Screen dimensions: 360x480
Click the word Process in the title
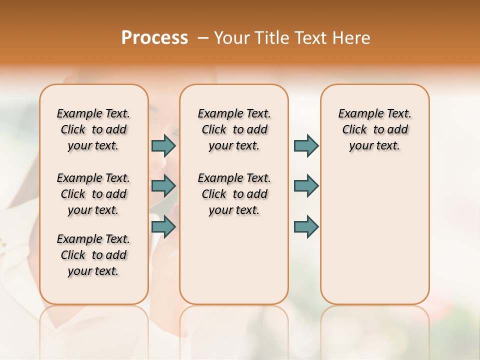pos(154,38)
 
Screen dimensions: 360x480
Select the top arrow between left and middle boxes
pos(163,145)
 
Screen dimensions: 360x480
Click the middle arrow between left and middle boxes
pos(163,186)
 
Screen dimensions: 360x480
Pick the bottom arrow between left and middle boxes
pos(163,226)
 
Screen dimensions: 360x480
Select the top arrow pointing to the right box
pos(306,145)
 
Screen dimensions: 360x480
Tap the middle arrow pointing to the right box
pos(306,186)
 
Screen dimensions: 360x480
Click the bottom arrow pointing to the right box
pos(306,226)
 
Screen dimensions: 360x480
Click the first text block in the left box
pos(93,129)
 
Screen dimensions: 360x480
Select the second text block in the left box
pos(93,194)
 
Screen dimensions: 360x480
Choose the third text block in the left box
pos(93,255)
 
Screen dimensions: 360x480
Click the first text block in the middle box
pos(234,129)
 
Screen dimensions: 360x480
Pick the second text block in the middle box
pos(234,194)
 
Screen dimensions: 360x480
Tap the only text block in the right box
pos(374,129)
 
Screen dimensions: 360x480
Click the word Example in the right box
pos(358,113)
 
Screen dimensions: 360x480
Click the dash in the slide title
pos(203,38)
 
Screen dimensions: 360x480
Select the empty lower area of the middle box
pos(234,260)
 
